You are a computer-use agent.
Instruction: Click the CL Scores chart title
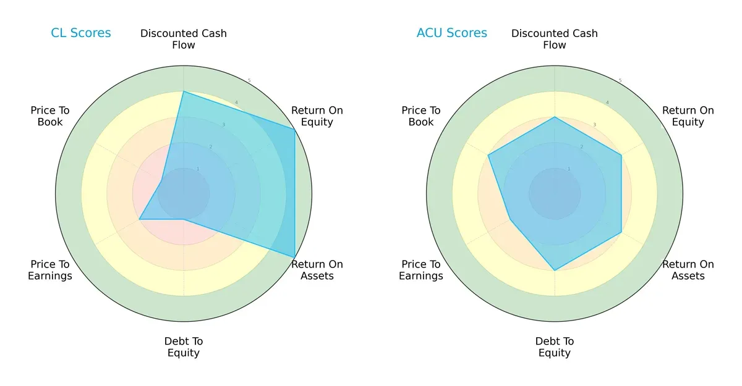81,33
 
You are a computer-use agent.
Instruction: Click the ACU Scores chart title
452,33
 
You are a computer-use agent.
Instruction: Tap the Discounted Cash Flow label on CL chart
184,39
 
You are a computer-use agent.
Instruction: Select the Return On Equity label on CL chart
317,116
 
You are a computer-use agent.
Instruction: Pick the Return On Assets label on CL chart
317,270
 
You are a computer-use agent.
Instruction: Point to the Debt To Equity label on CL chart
184,347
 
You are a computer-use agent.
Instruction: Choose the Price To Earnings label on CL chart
50,270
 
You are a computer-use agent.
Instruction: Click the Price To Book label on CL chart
50,116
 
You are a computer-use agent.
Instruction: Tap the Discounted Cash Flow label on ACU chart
555,39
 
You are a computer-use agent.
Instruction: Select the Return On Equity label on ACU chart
688,116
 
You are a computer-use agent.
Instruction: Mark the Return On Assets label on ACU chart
688,270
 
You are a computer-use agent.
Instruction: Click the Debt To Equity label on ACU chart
555,347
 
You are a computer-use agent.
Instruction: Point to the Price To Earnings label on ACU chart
421,270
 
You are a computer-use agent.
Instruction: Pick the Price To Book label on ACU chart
421,116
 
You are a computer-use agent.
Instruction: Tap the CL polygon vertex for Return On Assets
294,257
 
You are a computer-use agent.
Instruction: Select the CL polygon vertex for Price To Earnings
139,219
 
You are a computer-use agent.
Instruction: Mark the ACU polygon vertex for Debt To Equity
555,270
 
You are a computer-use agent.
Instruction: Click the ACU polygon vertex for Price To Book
488,155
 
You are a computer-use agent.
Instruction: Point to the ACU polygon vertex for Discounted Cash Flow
555,117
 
